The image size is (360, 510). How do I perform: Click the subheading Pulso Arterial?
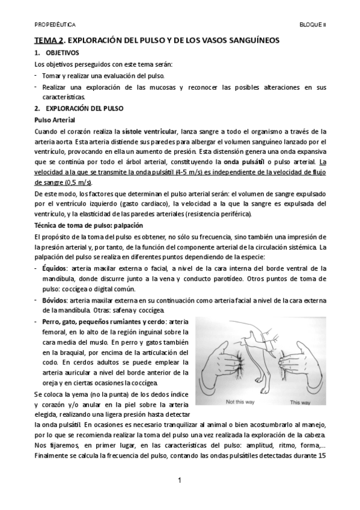click(54, 120)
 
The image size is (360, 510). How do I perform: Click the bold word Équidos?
click(53, 266)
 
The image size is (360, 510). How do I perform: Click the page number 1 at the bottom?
click(180, 480)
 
